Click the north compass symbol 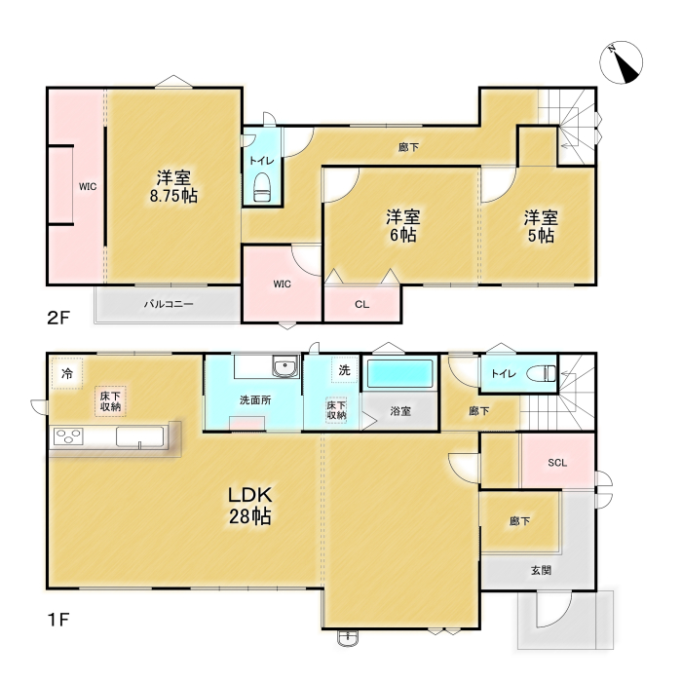(x=621, y=62)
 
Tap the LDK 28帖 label (x=250, y=506)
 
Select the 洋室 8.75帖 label (x=173, y=187)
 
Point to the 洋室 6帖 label (x=402, y=226)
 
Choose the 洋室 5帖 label (x=541, y=226)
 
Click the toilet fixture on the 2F (x=262, y=187)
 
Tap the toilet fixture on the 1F (x=541, y=373)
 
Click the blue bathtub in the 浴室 (x=400, y=373)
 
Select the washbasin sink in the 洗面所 (x=285, y=366)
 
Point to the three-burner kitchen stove (x=68, y=436)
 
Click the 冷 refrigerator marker (x=67, y=373)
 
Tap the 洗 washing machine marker (x=345, y=370)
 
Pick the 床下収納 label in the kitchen (x=110, y=401)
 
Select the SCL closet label (x=557, y=463)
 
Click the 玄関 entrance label (x=541, y=570)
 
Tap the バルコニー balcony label (x=169, y=304)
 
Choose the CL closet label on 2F (x=361, y=304)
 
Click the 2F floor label (x=58, y=318)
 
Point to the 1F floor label (x=58, y=620)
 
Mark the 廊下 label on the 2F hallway (x=408, y=147)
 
